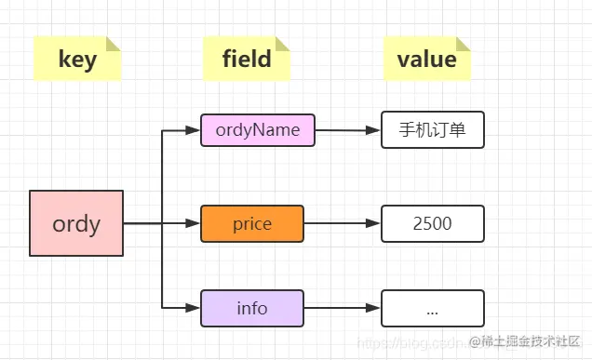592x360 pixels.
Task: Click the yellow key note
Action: [x=77, y=59]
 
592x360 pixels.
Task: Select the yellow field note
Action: [x=247, y=59]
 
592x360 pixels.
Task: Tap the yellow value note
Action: [x=426, y=59]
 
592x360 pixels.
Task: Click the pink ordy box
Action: [x=76, y=223]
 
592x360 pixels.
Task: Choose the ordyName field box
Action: [x=258, y=130]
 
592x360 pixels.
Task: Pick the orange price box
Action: [x=251, y=223]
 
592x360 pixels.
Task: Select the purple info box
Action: [x=251, y=308]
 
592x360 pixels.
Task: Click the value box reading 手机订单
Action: [x=432, y=130]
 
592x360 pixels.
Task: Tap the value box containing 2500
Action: [x=432, y=223]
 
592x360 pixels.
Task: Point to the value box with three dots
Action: [x=432, y=308]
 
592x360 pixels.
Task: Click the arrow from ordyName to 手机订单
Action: [x=347, y=130]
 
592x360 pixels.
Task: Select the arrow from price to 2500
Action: [x=342, y=223]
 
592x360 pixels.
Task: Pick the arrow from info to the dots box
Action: [x=342, y=308]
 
